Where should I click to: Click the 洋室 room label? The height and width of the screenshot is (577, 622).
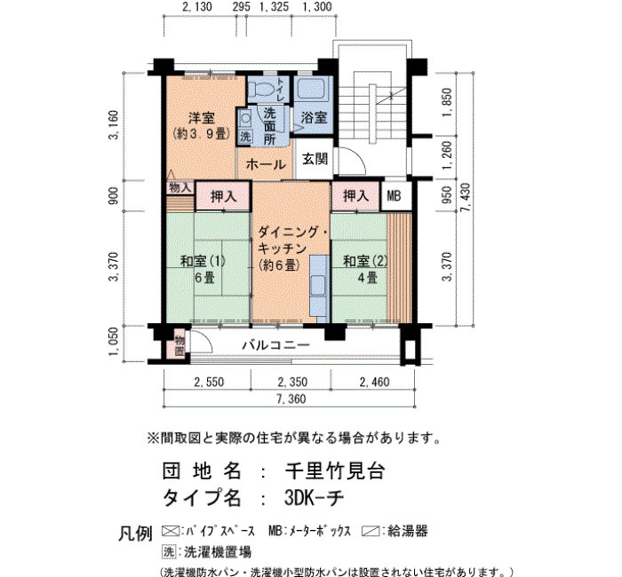202,118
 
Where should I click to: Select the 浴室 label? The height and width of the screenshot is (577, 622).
314,117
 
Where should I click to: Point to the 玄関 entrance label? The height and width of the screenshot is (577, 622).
315,159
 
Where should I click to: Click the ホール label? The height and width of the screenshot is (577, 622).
266,164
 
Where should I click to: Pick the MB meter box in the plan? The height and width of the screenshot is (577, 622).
394,196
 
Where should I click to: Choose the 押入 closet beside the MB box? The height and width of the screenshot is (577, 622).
355,196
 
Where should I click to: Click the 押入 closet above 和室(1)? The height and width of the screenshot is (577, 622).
223,196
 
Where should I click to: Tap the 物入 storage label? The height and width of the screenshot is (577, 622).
180,187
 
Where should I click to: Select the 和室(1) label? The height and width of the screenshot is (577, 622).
203,261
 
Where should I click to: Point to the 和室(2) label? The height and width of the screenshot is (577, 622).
365,261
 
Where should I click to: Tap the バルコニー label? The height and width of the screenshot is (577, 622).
276,344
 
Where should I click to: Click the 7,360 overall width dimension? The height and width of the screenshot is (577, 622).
291,399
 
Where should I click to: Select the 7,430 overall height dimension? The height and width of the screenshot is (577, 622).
466,197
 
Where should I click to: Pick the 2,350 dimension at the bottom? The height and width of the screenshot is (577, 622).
292,382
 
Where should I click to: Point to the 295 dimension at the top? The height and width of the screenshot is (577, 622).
242,7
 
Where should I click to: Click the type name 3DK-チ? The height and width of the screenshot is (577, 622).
315,498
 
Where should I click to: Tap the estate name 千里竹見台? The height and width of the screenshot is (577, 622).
335,471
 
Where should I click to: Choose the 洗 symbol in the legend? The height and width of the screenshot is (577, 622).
169,551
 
